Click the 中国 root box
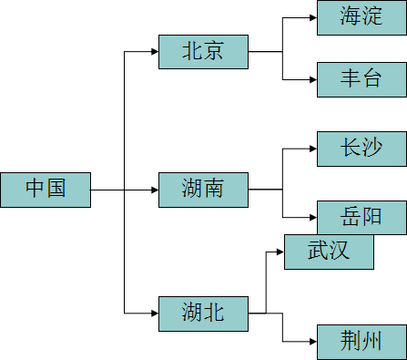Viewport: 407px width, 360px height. point(46,190)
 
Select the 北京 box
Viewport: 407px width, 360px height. point(203,52)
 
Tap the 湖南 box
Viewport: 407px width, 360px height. point(203,190)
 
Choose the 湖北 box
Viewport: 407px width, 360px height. point(203,314)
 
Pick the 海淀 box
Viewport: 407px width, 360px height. point(361,17)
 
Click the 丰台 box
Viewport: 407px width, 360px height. point(361,79)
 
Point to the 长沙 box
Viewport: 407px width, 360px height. point(361,149)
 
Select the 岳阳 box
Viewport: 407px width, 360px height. point(361,218)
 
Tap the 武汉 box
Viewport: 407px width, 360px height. point(329,252)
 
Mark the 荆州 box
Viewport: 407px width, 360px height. point(361,342)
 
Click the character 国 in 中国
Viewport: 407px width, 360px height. point(56,190)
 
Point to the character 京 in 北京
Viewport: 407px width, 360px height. point(214,52)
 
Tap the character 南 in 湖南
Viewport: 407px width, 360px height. point(214,190)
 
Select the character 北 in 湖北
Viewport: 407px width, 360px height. point(214,314)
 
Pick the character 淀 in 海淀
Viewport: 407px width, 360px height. point(372,17)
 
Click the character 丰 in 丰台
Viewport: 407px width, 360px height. point(351,79)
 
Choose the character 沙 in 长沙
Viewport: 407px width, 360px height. point(372,149)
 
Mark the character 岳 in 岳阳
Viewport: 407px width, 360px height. point(351,218)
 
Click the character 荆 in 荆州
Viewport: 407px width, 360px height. point(351,342)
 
